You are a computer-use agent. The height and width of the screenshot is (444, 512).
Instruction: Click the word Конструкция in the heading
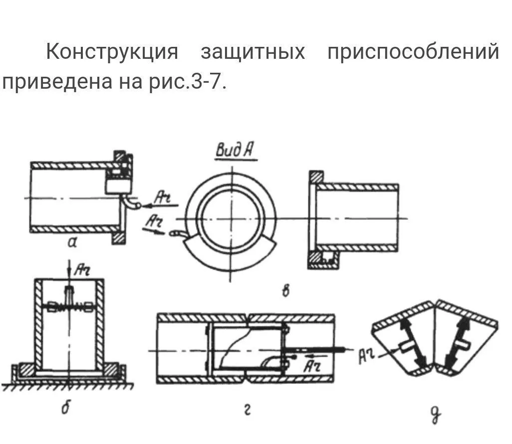click(112, 51)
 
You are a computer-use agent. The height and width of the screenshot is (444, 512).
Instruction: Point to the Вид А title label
click(236, 150)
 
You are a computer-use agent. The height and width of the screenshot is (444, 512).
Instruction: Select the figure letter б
click(66, 408)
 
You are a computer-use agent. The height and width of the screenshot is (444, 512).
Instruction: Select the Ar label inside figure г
click(312, 367)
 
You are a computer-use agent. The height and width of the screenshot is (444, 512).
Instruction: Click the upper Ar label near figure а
click(162, 198)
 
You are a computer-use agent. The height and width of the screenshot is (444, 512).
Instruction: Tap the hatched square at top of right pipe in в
click(316, 177)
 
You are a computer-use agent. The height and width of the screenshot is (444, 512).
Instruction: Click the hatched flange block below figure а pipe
click(119, 238)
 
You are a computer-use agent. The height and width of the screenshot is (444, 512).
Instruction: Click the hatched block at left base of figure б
click(27, 369)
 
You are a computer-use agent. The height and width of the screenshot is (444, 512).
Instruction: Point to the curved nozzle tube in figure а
click(131, 201)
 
